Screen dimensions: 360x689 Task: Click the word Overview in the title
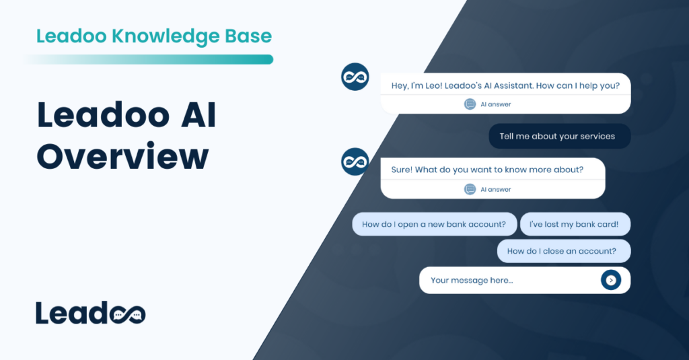[122, 157]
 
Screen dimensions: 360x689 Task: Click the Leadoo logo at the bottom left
[90, 314]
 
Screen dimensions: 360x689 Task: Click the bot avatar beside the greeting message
[355, 77]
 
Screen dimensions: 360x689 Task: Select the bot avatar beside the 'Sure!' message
[355, 161]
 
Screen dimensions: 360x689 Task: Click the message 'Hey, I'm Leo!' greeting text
[505, 85]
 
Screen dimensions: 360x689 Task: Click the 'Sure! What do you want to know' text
[487, 170]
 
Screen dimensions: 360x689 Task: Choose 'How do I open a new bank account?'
[434, 224]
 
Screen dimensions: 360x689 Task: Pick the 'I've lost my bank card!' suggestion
[574, 224]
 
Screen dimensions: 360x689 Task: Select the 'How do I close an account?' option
[561, 251]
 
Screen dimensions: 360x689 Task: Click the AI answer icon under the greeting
[470, 104]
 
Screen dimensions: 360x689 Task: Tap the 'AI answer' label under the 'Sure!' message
[495, 189]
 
